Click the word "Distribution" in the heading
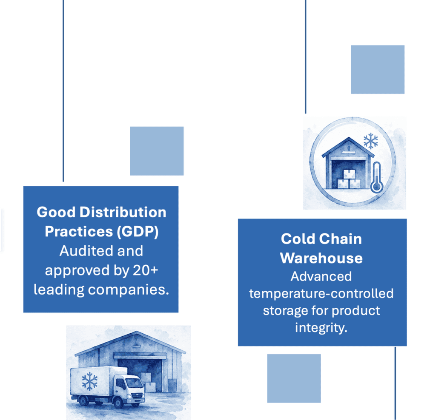pos(123,212)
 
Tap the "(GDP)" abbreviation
pos(138,232)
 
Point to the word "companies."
pos(128,290)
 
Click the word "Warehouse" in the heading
pos(321,258)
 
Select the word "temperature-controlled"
pos(321,293)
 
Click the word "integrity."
pos(321,328)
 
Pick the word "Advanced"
pos(321,276)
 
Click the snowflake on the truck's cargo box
pos(90,381)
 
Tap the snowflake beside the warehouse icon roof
pos(371,141)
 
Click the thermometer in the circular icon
pos(377,178)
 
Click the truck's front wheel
pos(118,402)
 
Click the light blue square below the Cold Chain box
pos(294,378)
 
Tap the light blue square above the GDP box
pos(157,151)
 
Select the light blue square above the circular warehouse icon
pos(378,70)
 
